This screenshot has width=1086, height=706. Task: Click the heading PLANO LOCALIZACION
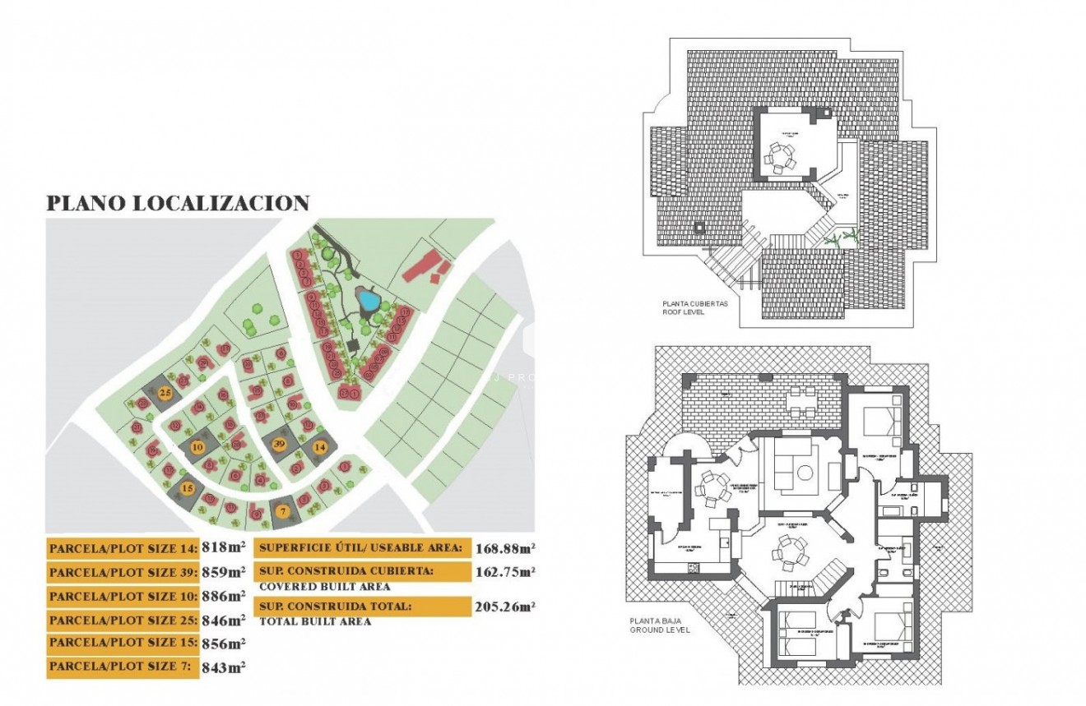point(178,203)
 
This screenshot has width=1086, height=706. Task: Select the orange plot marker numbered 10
point(197,447)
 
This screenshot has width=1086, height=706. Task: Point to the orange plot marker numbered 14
point(320,447)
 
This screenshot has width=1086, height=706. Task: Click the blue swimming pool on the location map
point(367,301)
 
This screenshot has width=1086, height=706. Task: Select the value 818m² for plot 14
point(225,547)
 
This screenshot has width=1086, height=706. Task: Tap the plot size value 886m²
point(225,595)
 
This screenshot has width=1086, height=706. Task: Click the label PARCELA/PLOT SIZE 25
point(123,620)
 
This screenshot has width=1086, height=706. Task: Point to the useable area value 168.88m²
point(505,547)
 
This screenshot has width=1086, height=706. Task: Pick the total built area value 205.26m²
point(505,607)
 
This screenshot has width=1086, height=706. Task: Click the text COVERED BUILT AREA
point(324,587)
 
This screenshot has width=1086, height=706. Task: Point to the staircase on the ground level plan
point(830,572)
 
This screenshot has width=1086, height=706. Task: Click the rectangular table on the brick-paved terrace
point(799,402)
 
